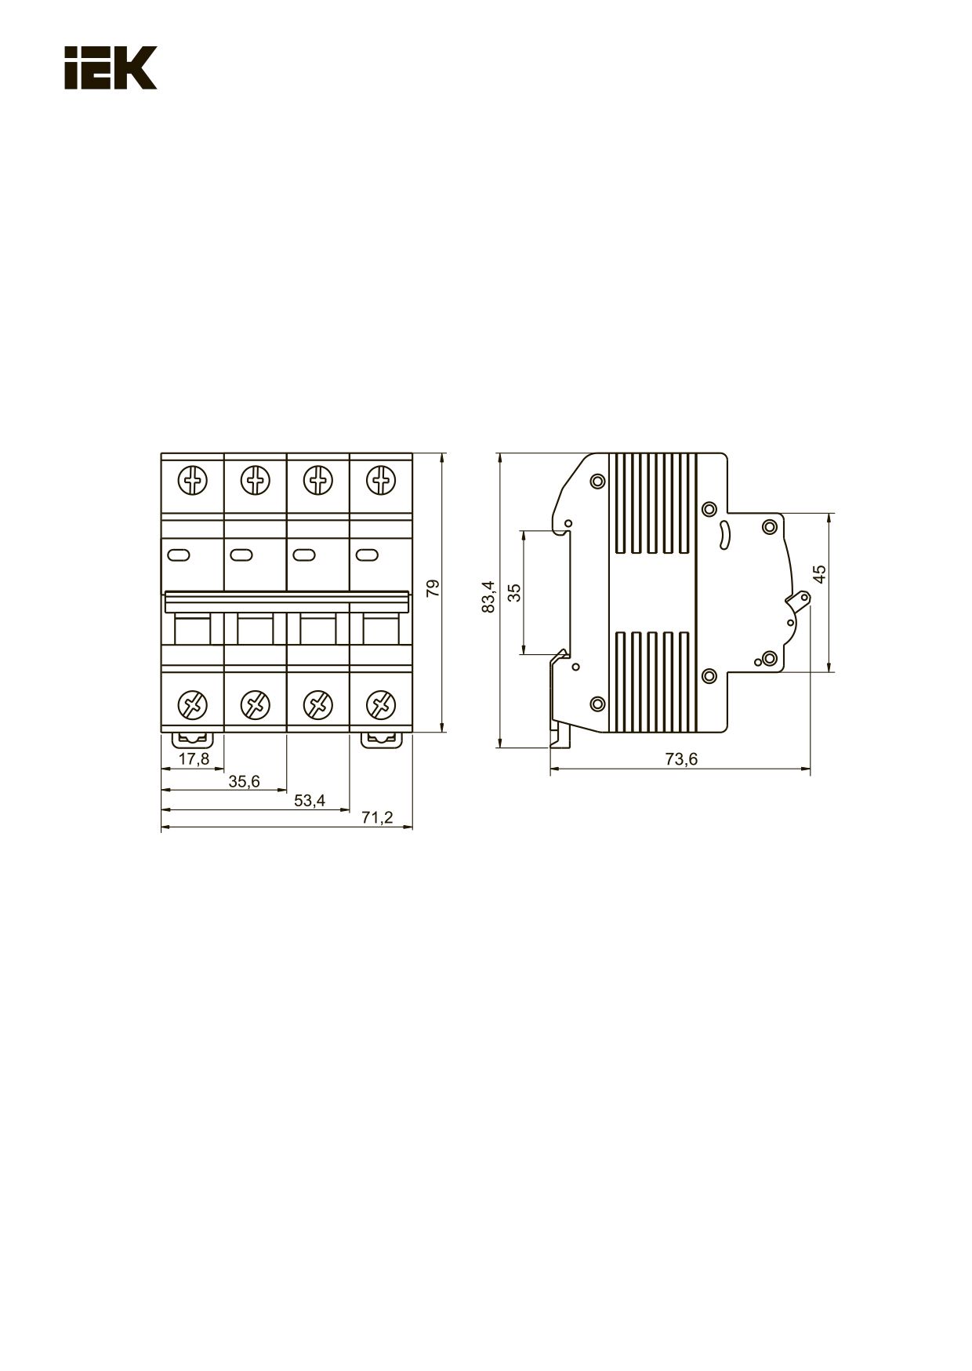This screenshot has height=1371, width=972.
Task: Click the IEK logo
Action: tap(111, 67)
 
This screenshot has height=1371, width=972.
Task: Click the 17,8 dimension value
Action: tap(194, 759)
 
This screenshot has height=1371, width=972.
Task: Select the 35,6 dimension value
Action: tap(244, 781)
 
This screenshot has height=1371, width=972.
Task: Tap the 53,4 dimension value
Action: tap(309, 801)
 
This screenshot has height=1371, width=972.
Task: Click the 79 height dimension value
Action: tap(433, 589)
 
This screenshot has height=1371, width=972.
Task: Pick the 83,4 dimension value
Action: tap(489, 597)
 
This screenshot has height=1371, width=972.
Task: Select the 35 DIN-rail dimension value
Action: tap(514, 592)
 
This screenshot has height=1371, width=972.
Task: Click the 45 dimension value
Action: tap(820, 574)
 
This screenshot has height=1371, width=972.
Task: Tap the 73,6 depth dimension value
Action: tap(681, 759)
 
